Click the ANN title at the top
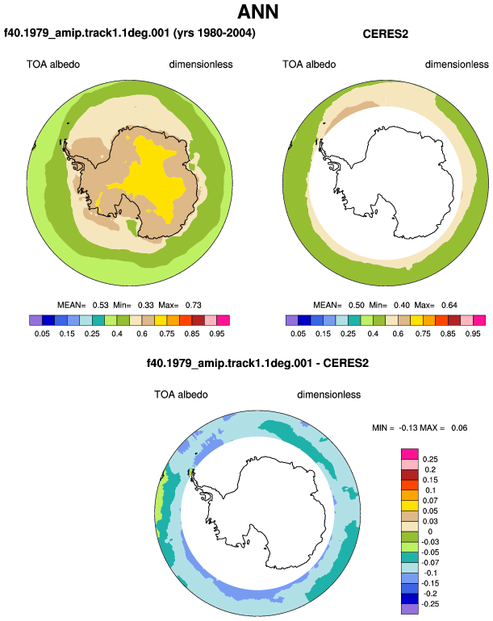point(258,12)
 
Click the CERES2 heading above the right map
point(385,34)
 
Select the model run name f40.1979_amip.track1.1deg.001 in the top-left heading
point(87,33)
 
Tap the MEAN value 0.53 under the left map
point(101,305)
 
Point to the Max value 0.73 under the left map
point(194,305)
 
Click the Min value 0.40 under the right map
point(402,305)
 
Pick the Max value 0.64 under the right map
point(449,305)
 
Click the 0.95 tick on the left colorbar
point(217,333)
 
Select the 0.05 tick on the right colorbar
point(298,333)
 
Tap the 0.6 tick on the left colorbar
point(142,333)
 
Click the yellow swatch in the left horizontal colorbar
point(161,320)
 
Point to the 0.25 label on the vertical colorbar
point(430,459)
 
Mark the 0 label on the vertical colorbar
point(430,531)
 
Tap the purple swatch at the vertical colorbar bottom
point(410,609)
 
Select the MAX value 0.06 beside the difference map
point(459,427)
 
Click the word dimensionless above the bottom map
point(329,394)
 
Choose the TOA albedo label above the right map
point(309,65)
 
